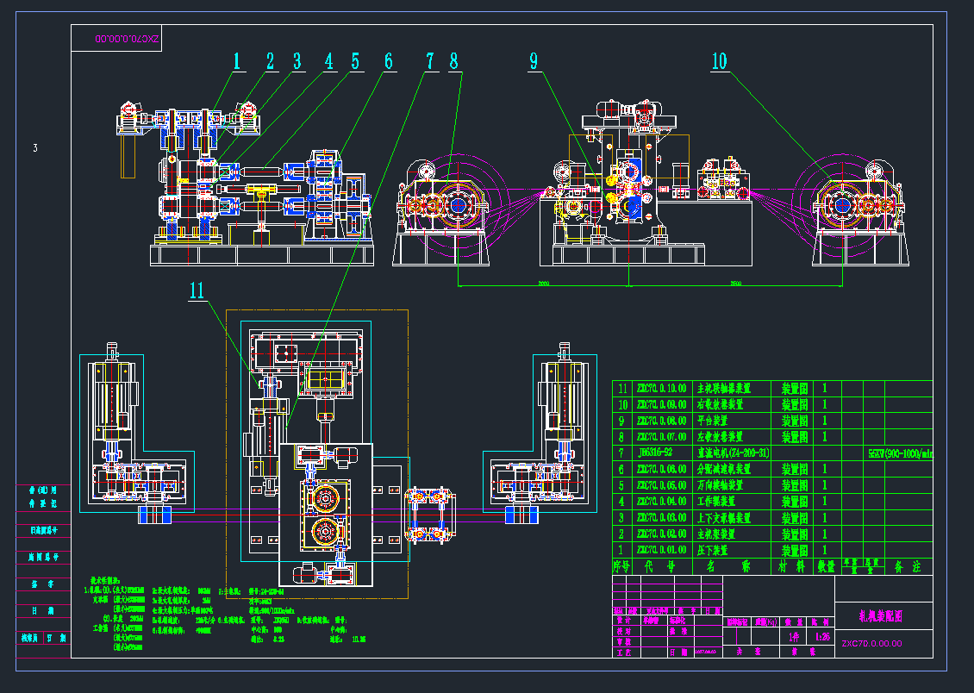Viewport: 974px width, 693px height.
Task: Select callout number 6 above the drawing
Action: pyautogui.click(x=388, y=61)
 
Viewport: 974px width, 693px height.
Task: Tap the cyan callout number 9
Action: pyautogui.click(x=534, y=61)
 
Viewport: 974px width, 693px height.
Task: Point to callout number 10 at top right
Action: pyautogui.click(x=719, y=61)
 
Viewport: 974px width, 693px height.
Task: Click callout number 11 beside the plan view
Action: pyautogui.click(x=198, y=290)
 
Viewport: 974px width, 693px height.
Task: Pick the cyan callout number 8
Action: pyautogui.click(x=455, y=61)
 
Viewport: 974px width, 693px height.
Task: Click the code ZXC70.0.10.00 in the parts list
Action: pyautogui.click(x=661, y=388)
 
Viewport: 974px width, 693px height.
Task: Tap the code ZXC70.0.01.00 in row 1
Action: pyautogui.click(x=661, y=550)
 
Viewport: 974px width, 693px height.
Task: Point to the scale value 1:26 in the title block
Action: pyautogui.click(x=822, y=637)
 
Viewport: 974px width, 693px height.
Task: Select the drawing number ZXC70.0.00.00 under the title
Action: pyautogui.click(x=871, y=643)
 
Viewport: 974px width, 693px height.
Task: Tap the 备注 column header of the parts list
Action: pyautogui.click(x=908, y=566)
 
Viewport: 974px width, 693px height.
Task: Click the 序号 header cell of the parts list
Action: pyautogui.click(x=621, y=566)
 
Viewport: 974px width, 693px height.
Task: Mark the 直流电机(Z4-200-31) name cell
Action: pyautogui.click(x=733, y=453)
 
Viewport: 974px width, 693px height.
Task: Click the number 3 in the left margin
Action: pyautogui.click(x=35, y=148)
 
